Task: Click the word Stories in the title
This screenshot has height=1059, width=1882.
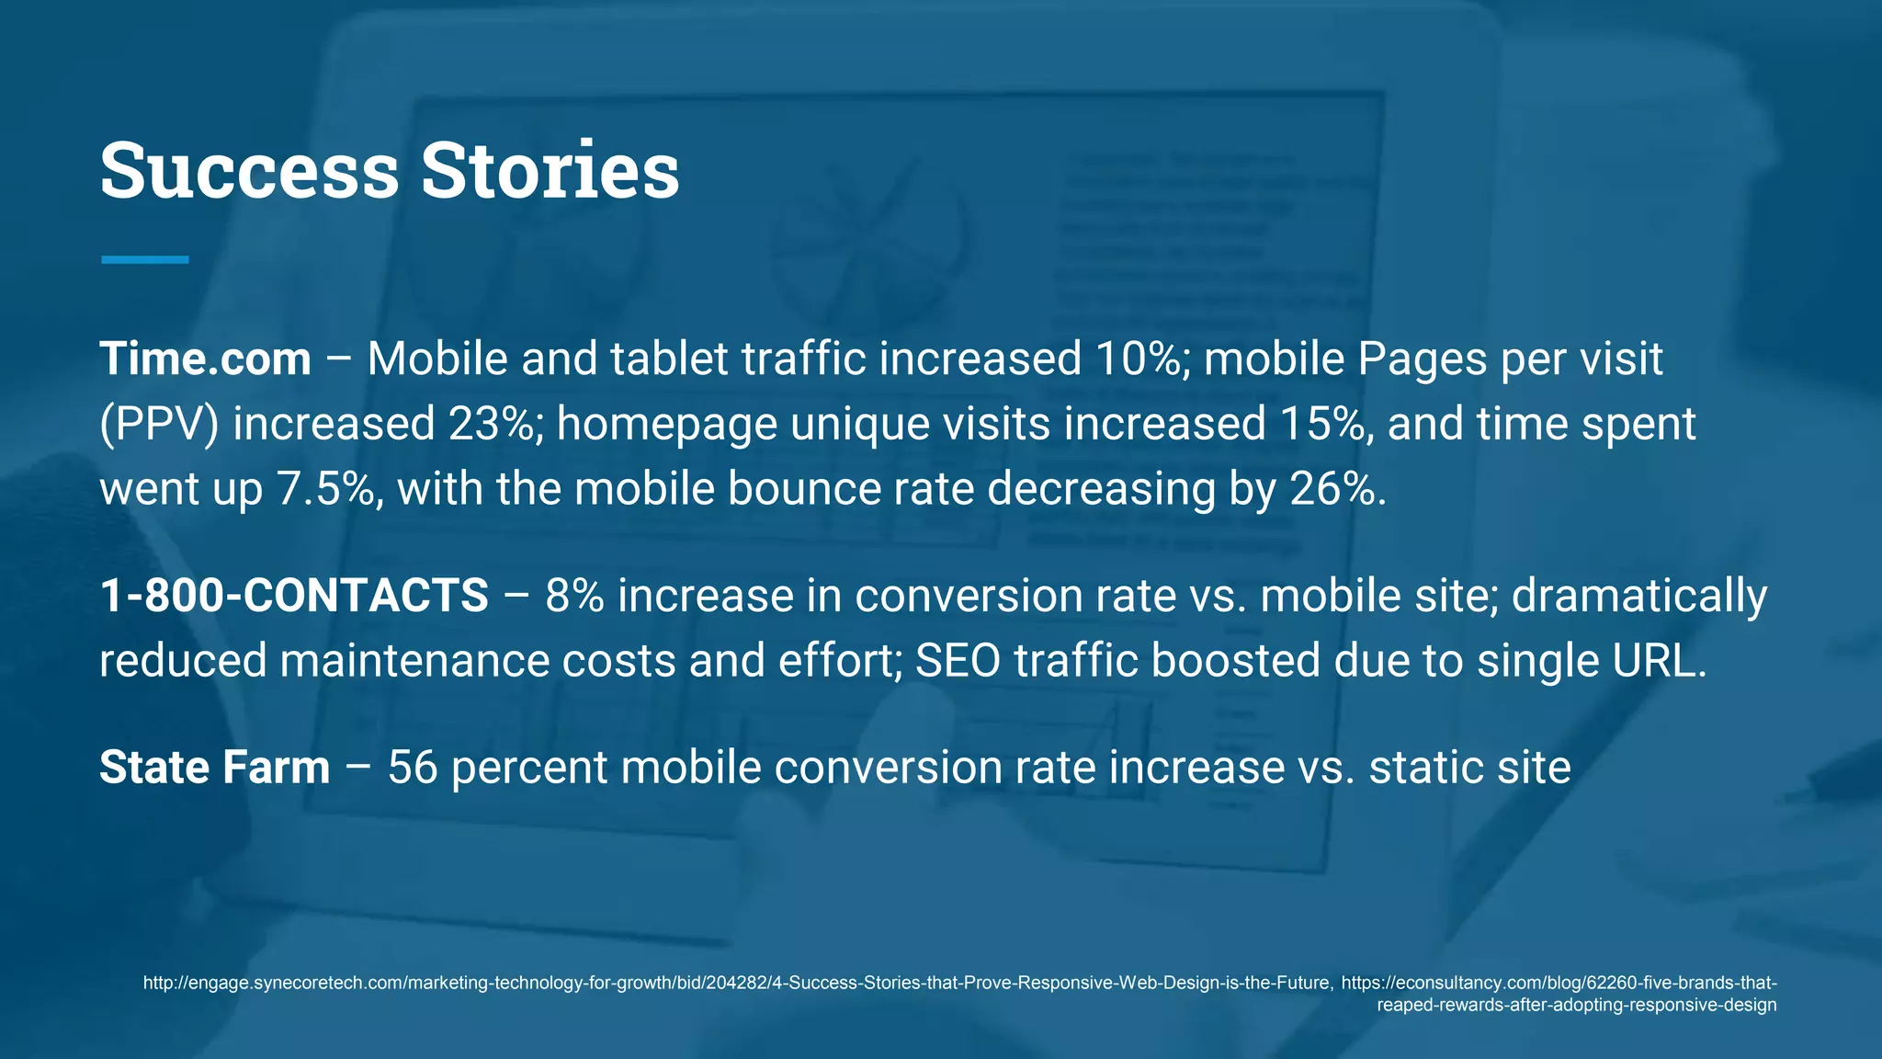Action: (550, 171)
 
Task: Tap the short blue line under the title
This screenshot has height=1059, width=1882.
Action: (144, 260)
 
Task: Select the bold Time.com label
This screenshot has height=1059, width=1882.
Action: (205, 359)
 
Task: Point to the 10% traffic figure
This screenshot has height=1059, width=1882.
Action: (1139, 359)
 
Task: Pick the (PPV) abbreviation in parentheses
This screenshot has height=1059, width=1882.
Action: (159, 424)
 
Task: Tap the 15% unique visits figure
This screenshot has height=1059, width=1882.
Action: (1323, 424)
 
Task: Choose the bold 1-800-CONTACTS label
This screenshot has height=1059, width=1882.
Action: (294, 596)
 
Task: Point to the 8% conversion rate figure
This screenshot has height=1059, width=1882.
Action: (574, 596)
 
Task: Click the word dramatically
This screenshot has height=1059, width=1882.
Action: (1639, 596)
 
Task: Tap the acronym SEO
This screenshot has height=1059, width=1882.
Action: (958, 661)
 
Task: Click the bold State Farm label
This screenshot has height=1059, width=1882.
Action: (214, 768)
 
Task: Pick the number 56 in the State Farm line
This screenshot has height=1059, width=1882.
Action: (413, 768)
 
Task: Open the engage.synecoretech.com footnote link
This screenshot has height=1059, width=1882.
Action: (736, 984)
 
